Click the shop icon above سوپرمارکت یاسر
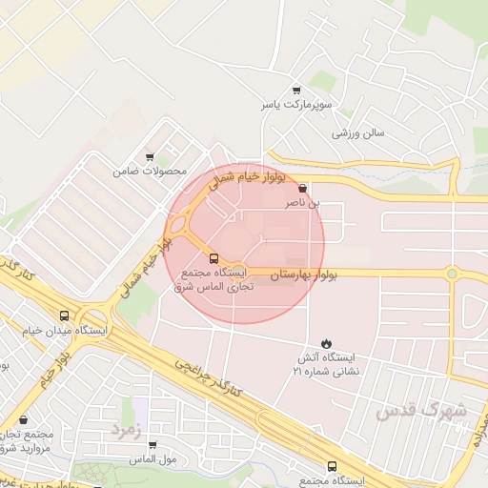(x=295, y=90)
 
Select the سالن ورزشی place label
(x=357, y=133)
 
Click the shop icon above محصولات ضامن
(x=150, y=157)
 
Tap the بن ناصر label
(x=303, y=202)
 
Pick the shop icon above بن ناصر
(x=303, y=188)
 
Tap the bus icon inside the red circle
(x=213, y=257)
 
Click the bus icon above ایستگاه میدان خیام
(x=65, y=315)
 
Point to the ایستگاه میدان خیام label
(x=65, y=331)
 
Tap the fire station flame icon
(x=327, y=342)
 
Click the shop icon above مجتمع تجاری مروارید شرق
(x=23, y=419)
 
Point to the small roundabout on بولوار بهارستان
(x=452, y=274)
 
